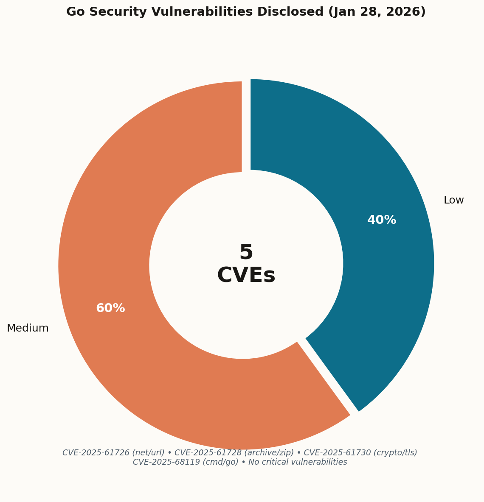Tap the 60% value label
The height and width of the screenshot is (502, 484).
110,308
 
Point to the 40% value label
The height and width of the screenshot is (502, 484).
382,220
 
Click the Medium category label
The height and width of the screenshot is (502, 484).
28,328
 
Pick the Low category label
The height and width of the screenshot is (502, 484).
453,200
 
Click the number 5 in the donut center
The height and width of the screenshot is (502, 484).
246,253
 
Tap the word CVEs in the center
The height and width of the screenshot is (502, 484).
246,276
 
